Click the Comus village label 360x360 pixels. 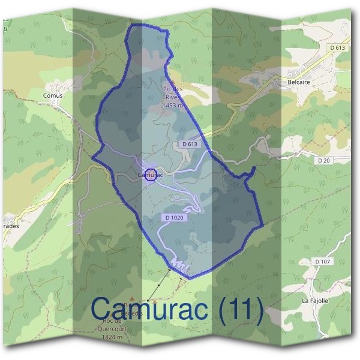coord(53,95)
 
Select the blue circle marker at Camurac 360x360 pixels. coord(151,175)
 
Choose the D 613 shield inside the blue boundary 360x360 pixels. coord(190,144)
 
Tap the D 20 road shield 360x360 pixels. coord(323,160)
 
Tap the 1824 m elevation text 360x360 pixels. coord(113,337)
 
